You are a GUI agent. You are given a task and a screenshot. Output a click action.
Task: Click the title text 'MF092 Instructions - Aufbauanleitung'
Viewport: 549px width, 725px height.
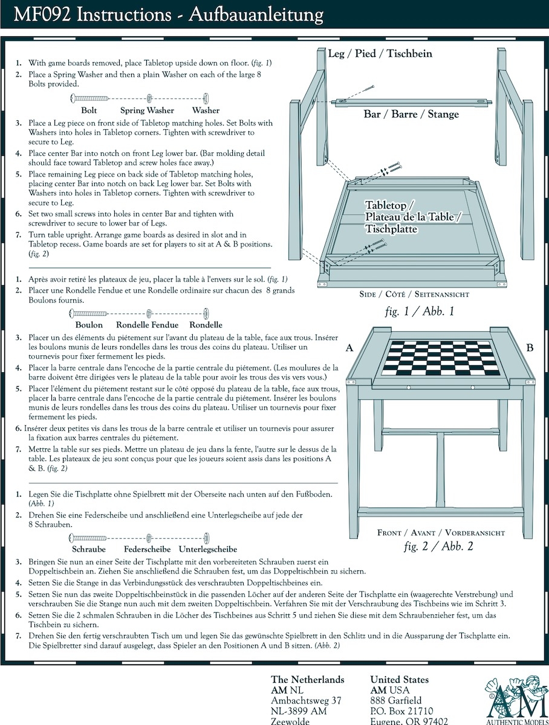169,14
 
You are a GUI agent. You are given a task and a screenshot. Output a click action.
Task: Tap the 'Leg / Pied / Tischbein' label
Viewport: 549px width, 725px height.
380,54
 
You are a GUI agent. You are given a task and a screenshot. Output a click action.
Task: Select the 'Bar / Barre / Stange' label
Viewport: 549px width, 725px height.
411,114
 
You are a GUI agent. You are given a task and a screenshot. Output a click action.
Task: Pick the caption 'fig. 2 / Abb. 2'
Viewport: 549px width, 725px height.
438,547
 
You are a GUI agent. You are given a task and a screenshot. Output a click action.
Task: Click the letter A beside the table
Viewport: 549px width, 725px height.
349,348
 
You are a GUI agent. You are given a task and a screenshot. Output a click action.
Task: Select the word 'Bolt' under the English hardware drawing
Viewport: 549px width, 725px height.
89,111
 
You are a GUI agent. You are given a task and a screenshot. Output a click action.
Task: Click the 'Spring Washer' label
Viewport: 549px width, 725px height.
147,111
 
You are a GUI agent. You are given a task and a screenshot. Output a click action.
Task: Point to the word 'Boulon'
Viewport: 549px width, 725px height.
88,325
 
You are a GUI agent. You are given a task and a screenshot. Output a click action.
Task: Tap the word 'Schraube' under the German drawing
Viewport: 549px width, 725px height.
89,549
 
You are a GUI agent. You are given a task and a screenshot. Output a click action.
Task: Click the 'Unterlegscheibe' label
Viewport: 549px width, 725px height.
207,549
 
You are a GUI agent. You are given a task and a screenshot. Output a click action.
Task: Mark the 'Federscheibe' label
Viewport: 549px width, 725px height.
147,549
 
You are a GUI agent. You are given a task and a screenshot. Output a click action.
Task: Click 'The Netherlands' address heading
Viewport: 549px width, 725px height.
307,680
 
